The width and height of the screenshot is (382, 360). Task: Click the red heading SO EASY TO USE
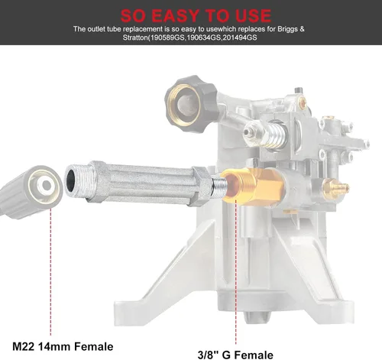pos(196,15)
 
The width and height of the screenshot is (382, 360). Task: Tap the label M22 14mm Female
pos(63,347)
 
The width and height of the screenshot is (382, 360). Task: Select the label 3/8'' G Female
pos(235,355)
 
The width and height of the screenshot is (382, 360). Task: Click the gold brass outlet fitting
pos(252,185)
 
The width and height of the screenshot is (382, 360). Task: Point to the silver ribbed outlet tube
pos(139,183)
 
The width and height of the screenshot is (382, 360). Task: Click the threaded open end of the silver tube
pos(76,180)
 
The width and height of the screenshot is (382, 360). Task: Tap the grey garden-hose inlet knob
pos(191,104)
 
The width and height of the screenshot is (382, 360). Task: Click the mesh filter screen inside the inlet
pos(188,104)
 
